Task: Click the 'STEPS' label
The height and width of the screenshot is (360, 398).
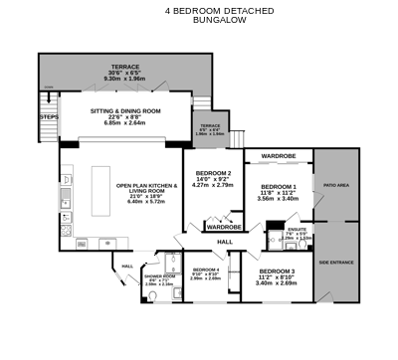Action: tap(48, 116)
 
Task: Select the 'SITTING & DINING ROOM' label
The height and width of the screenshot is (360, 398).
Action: tap(125, 112)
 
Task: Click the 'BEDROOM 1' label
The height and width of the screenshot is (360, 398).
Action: tap(278, 186)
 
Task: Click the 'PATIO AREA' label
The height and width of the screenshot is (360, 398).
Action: tap(335, 185)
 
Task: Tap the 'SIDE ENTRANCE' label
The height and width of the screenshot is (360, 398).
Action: tap(336, 262)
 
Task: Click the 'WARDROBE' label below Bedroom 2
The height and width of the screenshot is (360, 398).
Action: tap(226, 227)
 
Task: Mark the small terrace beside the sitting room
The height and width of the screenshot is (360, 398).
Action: tap(210, 129)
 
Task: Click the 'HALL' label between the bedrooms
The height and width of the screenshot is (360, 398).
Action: tap(225, 242)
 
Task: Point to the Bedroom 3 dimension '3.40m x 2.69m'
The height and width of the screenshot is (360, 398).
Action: tap(277, 283)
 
